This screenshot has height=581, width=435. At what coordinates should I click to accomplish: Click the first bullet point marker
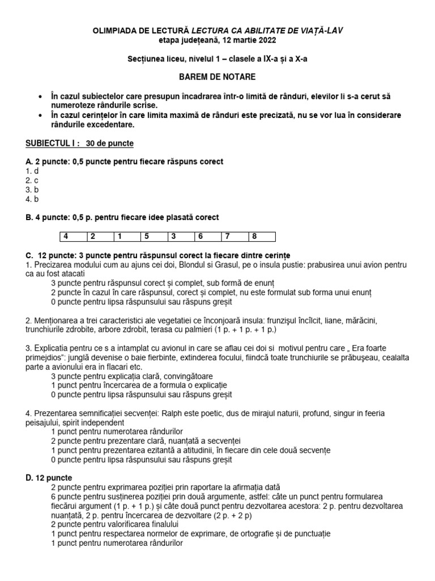pyautogui.click(x=40, y=98)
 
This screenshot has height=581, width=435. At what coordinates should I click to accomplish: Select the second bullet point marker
pyautogui.click(x=40, y=116)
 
